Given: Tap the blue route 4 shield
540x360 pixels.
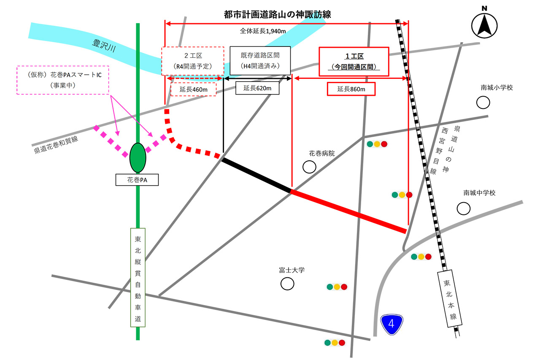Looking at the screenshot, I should (x=392, y=324).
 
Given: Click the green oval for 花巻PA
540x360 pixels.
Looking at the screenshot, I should (x=138, y=157).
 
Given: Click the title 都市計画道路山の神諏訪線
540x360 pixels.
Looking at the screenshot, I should (x=277, y=14).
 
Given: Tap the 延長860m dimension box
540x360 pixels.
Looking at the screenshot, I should (x=351, y=89).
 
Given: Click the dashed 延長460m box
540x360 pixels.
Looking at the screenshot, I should (x=193, y=89).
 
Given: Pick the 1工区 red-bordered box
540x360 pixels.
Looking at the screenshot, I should (x=354, y=62).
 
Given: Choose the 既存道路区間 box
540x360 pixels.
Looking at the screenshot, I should (x=260, y=61).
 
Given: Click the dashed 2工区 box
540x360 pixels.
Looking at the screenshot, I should (x=192, y=61).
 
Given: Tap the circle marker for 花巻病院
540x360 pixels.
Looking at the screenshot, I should (x=309, y=167).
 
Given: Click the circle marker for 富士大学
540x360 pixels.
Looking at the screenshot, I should (x=287, y=284).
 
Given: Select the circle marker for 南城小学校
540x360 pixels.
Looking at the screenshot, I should (x=483, y=102).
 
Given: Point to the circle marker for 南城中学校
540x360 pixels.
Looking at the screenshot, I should (x=464, y=208).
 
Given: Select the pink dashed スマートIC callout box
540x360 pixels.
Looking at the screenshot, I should (x=63, y=80).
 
